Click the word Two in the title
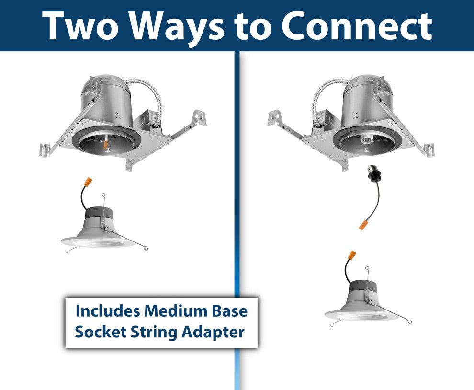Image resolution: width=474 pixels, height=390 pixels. [80, 26]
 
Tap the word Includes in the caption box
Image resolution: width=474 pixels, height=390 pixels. [107, 311]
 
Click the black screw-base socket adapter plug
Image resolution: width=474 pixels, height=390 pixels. [373, 173]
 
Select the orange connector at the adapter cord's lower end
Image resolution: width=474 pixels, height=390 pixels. [363, 225]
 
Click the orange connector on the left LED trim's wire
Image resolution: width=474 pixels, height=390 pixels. [88, 183]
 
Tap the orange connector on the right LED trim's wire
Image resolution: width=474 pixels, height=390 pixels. [351, 255]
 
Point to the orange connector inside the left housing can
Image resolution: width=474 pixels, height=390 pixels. [105, 145]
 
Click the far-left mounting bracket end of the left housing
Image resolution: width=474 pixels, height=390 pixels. [44, 150]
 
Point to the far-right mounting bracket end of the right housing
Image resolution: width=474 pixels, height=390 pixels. [429, 150]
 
